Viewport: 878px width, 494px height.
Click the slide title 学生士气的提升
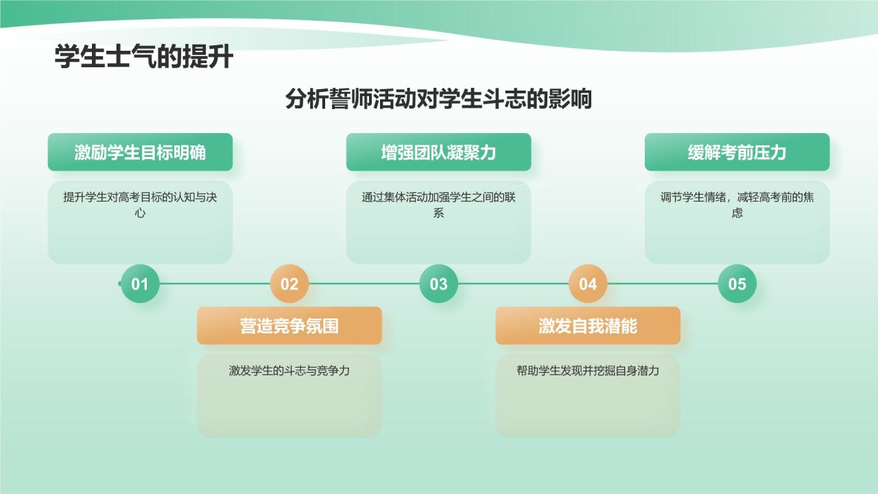[x=144, y=58]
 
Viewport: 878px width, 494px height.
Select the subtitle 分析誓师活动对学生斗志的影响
[x=438, y=99]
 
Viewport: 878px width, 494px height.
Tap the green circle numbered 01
[x=140, y=283]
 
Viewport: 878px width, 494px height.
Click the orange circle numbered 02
[x=289, y=283]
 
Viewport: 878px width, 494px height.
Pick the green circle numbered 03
[x=438, y=283]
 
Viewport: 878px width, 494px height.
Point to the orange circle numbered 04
[x=588, y=283]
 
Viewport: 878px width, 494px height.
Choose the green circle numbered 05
[x=737, y=283]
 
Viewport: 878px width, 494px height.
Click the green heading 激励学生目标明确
[x=140, y=152]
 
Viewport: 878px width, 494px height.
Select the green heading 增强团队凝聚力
[x=438, y=152]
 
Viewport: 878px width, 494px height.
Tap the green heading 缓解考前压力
[x=737, y=152]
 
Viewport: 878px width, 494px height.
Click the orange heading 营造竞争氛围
[x=289, y=326]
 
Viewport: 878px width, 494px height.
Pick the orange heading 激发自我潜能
[x=588, y=326]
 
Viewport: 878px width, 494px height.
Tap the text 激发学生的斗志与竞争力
[x=289, y=370]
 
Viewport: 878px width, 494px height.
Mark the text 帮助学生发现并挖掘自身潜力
[x=588, y=370]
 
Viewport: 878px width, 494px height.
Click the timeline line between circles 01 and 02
[x=215, y=283]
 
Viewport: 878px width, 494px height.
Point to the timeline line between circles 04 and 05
[x=663, y=283]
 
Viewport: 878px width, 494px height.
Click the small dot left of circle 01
[x=120, y=283]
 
